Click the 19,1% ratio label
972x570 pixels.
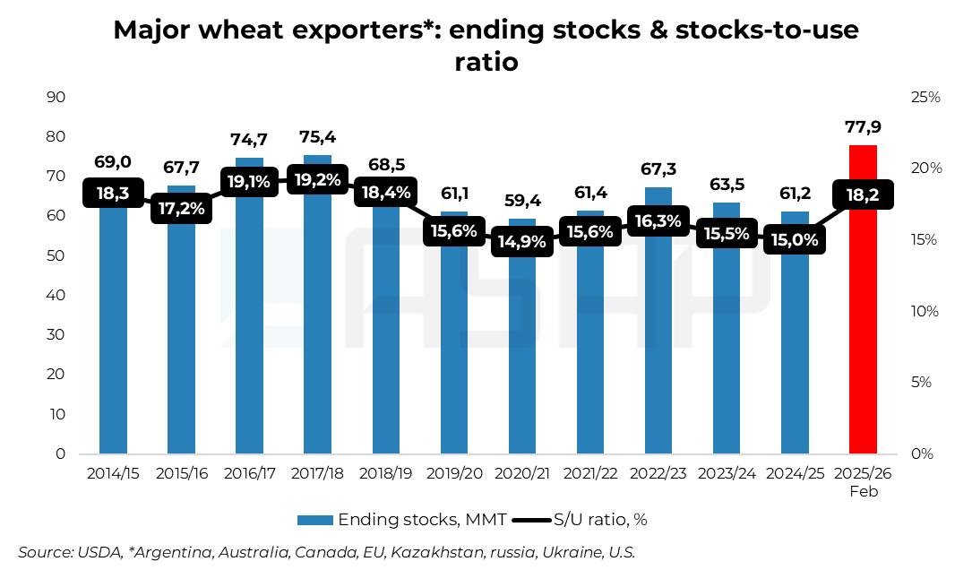tap(249, 182)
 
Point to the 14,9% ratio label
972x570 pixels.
tap(521, 242)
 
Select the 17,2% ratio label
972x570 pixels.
tap(181, 210)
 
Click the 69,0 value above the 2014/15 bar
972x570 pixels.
tap(113, 162)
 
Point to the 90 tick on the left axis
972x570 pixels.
tap(56, 97)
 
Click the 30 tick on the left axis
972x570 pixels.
tap(56, 335)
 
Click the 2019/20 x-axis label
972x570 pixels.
tap(453, 473)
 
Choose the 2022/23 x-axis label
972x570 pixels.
tap(658, 473)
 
